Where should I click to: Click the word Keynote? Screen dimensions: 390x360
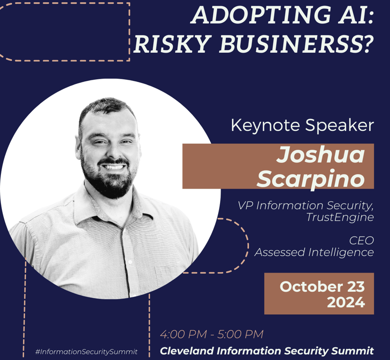tap(265, 125)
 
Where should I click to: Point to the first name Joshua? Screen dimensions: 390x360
tap(321, 154)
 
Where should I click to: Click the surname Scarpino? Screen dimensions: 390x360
tap(311, 178)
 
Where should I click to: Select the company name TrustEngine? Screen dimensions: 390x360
tap(340, 217)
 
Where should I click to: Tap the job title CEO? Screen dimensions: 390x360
tap(361, 240)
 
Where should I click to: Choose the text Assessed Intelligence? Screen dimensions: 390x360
tap(314, 252)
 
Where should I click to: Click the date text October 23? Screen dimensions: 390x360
tap(322, 287)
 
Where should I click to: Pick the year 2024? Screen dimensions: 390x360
tap(346, 302)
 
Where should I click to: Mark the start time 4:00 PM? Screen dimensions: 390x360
tap(183, 334)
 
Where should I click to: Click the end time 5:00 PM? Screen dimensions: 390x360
tap(240, 334)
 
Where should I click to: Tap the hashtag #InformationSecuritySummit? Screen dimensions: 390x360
tap(86, 352)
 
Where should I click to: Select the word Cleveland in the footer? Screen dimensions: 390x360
tap(187, 351)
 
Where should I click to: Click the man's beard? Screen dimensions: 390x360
tap(110, 179)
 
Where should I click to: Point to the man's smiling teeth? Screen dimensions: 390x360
tap(113, 167)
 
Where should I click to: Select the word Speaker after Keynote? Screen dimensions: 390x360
tap(340, 125)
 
